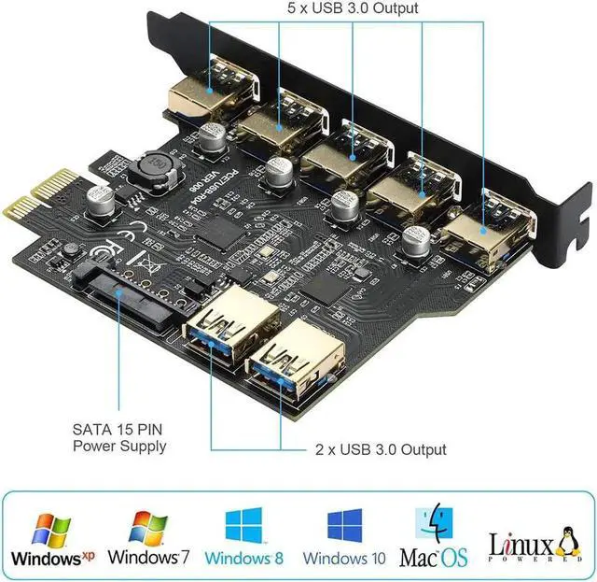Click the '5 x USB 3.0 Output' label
click(x=352, y=8)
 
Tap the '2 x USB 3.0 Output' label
click(x=379, y=449)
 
